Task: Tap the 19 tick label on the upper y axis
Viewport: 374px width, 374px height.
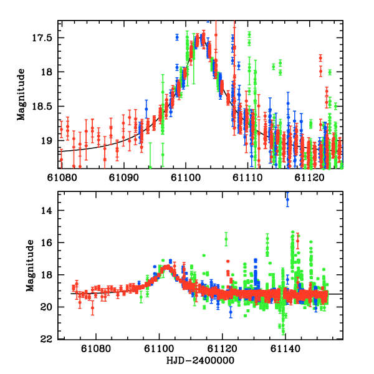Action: [49, 141]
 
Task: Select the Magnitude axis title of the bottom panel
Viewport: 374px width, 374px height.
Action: [29, 266]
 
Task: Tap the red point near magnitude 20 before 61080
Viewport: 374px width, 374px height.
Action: [92, 307]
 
